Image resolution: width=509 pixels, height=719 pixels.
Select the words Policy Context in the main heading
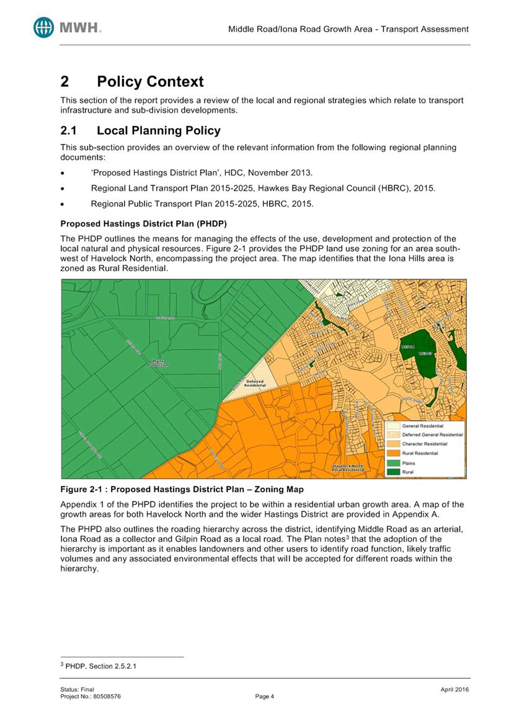click(x=150, y=82)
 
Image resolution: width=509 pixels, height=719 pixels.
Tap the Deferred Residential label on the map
click(x=255, y=382)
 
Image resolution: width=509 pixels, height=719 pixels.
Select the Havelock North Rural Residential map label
click(x=348, y=468)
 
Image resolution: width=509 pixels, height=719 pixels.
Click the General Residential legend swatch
click(x=393, y=426)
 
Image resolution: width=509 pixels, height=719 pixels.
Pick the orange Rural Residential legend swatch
click(x=393, y=453)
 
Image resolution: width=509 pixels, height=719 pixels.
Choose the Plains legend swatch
click(x=393, y=462)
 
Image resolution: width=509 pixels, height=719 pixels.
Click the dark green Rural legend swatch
click(x=393, y=472)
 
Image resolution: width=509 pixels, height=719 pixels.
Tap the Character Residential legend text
click(x=425, y=444)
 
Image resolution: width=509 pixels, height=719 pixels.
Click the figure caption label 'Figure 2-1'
click(x=81, y=489)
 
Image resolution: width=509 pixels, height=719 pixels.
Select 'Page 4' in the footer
click(x=264, y=696)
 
